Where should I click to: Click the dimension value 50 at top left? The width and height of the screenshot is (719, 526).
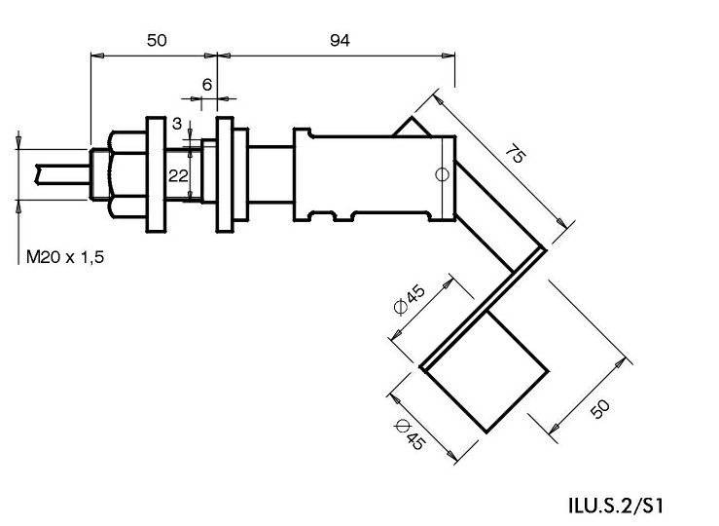157,40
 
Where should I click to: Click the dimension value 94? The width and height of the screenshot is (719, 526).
339,40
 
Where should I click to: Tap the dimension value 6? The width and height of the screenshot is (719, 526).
206,85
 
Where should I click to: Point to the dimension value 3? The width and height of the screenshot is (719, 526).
176,123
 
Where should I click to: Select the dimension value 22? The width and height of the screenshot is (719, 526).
177,174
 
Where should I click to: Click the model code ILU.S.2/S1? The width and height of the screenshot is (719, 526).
618,507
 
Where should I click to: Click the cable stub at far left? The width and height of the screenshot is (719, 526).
58,174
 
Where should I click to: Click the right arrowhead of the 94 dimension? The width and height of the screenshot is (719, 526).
449,56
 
